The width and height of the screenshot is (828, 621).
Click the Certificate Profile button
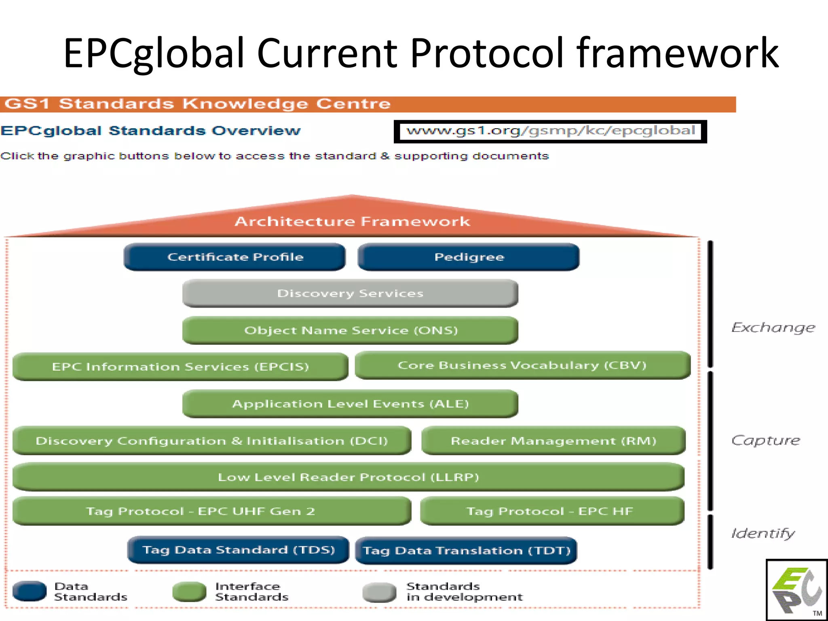point(235,257)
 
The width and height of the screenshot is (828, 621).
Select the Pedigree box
point(469,257)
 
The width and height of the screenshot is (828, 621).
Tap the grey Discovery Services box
point(350,294)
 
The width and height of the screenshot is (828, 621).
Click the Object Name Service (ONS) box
point(350,330)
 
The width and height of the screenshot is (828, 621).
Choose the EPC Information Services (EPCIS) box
point(180,367)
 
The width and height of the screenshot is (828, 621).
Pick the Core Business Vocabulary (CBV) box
point(522,365)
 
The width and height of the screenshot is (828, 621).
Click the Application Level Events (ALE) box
point(350,404)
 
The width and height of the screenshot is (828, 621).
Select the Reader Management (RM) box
point(553,441)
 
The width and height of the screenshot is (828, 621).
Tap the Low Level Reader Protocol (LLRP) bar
point(349,477)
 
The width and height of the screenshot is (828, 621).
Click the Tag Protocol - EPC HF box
point(552,511)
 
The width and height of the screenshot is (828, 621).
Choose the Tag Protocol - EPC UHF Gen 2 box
point(212,511)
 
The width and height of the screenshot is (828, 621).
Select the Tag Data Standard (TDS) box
point(238,550)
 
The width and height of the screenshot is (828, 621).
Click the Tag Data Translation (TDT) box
point(466,551)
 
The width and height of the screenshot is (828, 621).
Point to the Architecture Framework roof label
point(352,222)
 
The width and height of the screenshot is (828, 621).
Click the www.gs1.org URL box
point(550,131)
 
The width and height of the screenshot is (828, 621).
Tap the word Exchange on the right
point(773,327)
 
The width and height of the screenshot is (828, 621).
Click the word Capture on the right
point(765,440)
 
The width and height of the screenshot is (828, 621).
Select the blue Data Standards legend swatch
point(30,591)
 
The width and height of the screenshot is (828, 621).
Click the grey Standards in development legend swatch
point(379,592)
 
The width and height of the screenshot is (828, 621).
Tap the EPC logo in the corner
point(796,590)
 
